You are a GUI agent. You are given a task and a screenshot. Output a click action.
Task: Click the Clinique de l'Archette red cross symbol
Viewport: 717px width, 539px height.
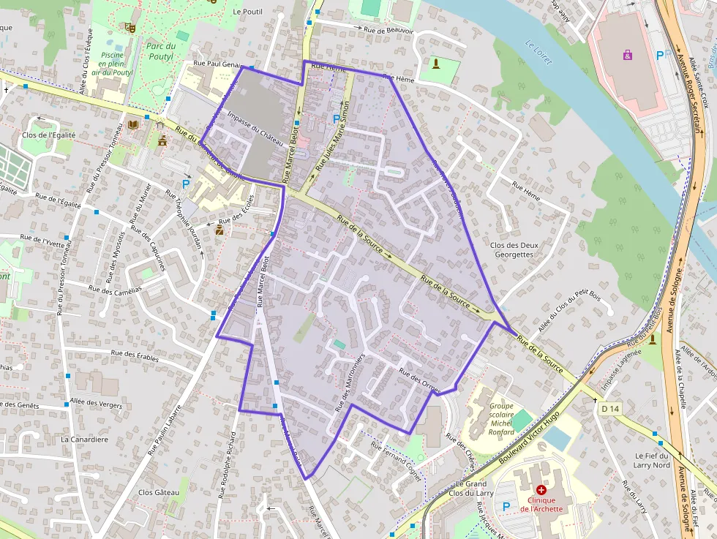click(541, 489)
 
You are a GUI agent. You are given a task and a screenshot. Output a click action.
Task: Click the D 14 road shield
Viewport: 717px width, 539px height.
click(609, 409)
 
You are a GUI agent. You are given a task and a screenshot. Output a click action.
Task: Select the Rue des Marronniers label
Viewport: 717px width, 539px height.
click(349, 381)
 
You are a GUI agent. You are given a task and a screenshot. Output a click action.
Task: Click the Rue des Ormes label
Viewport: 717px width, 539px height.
click(419, 382)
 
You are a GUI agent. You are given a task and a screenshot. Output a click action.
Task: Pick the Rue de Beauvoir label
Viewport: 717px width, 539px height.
click(388, 31)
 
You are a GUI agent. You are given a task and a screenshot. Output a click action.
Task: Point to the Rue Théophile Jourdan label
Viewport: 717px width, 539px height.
click(184, 219)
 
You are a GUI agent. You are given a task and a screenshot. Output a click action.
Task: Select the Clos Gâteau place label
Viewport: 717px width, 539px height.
click(159, 492)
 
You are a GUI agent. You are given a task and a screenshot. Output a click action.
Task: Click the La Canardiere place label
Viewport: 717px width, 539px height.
click(85, 440)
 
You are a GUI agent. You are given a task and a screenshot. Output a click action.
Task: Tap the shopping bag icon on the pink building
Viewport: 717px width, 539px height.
click(627, 54)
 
